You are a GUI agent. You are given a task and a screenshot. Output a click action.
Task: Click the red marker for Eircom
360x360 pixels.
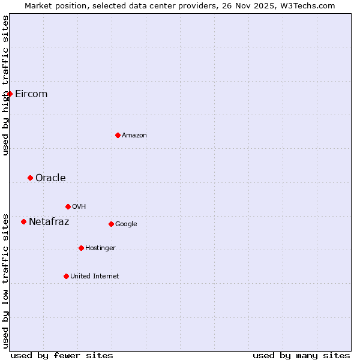10,94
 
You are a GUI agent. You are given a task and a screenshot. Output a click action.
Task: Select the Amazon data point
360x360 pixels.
118,135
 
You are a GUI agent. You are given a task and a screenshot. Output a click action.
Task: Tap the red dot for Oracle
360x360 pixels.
30,178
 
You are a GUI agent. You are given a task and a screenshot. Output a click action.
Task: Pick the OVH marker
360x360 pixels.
68,206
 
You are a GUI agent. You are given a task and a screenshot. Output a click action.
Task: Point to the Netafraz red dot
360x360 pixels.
23,221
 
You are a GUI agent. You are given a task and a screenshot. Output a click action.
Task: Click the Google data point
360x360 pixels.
111,224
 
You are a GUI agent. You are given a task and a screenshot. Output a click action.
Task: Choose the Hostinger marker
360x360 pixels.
81,248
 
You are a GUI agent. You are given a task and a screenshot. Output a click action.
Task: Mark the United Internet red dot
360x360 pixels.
66,276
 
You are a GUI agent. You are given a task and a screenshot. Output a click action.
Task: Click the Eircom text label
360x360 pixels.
31,94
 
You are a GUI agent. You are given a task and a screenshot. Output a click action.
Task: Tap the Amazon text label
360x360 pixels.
134,136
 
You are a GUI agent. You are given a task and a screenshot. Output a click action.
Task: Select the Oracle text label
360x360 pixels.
50,178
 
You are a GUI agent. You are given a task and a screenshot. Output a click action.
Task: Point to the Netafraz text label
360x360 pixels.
49,222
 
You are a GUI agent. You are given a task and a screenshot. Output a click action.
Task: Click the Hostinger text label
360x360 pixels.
100,248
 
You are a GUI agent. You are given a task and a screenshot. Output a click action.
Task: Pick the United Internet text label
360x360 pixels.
95,277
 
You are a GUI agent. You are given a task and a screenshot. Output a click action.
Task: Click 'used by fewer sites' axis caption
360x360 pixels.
62,355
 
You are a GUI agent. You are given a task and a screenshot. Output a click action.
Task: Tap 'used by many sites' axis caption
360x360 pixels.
301,355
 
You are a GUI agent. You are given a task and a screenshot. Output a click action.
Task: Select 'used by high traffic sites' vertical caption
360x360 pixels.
5,85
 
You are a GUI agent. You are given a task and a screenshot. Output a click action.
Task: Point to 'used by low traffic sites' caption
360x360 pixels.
5,281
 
